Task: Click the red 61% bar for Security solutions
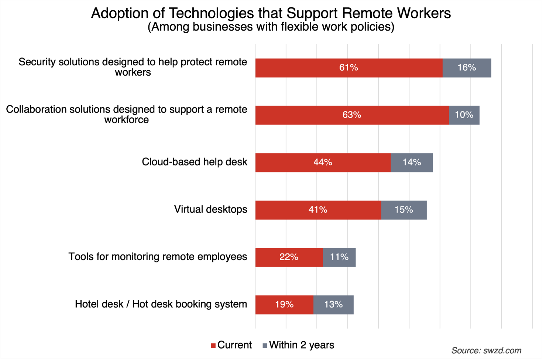[349, 68]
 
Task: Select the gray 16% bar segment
[467, 68]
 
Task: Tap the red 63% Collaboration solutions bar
[352, 115]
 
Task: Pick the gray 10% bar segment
[464, 115]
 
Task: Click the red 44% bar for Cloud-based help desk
[323, 162]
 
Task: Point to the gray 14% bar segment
[412, 162]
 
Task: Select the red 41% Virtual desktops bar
[318, 210]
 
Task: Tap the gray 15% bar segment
[404, 210]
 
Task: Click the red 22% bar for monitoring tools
[289, 257]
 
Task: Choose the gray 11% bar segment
[339, 257]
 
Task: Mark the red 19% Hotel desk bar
[284, 305]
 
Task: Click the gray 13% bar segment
[333, 305]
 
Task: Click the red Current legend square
[213, 346]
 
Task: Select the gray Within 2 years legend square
[265, 346]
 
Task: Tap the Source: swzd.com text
[486, 350]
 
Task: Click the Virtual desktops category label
[210, 209]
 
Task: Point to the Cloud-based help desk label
[195, 162]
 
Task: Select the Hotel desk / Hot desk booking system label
[161, 304]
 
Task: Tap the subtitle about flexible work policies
[271, 27]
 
